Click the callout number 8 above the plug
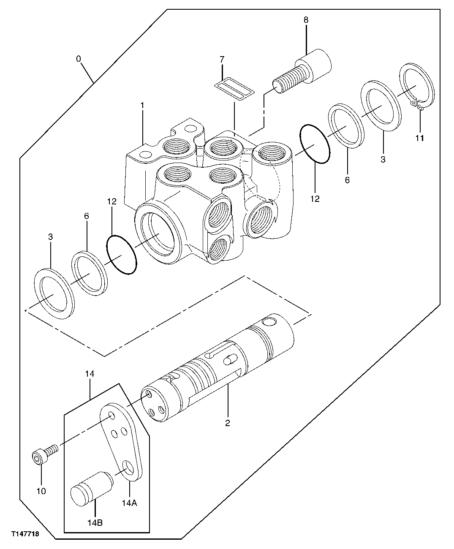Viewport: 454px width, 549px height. pyautogui.click(x=306, y=20)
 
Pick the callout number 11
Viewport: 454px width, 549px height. pyautogui.click(x=420, y=138)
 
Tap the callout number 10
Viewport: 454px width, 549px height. pyautogui.click(x=41, y=491)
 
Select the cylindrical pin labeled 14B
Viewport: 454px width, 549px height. pyautogui.click(x=91, y=488)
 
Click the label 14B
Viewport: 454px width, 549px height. pyautogui.click(x=95, y=523)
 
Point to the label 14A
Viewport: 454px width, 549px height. pyautogui.click(x=129, y=503)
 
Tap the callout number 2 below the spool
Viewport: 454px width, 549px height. pyautogui.click(x=228, y=423)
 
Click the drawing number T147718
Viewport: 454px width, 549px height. pyautogui.click(x=20, y=535)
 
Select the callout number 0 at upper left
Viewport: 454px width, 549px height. pyautogui.click(x=79, y=59)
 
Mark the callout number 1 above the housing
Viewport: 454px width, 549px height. pyautogui.click(x=143, y=104)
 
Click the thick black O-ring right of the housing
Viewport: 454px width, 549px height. pyautogui.click(x=315, y=144)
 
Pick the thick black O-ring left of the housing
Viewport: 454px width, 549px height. pyautogui.click(x=121, y=255)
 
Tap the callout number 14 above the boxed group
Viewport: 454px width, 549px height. pyautogui.click(x=90, y=373)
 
